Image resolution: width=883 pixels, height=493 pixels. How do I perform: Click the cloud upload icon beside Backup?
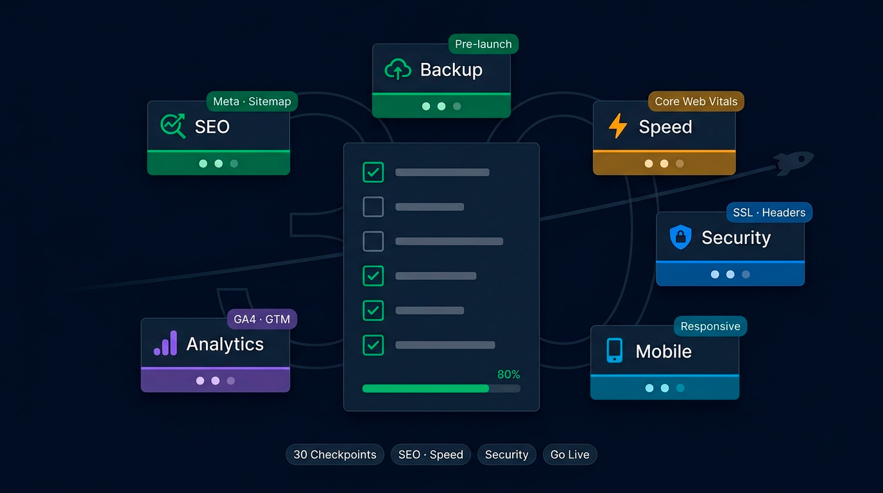click(398, 69)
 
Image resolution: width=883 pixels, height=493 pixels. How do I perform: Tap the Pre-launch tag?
click(483, 44)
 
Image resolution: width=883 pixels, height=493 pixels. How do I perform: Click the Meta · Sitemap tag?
click(252, 101)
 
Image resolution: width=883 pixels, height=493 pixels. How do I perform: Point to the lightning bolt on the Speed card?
click(618, 126)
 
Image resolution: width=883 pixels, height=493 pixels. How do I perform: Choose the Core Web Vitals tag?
click(696, 101)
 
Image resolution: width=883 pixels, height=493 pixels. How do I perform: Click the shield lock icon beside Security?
click(680, 237)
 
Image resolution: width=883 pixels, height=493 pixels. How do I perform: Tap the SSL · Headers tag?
click(769, 212)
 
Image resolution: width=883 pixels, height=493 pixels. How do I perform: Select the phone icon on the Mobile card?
click(615, 350)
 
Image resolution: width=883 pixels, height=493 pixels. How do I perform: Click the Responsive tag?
click(710, 326)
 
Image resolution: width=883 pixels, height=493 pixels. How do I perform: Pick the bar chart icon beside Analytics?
click(166, 343)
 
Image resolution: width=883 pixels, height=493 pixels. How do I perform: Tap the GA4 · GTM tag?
click(262, 319)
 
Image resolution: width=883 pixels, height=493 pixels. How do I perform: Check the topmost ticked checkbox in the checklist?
click(373, 172)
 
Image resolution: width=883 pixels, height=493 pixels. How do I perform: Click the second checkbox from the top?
click(373, 207)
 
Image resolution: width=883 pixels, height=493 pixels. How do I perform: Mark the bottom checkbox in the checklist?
click(373, 345)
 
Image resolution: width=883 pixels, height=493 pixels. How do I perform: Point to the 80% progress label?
click(508, 374)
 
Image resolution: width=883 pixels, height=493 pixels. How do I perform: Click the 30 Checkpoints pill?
click(335, 454)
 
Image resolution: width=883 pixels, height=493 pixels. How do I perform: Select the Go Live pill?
click(570, 454)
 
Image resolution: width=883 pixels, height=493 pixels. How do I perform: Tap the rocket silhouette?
click(793, 162)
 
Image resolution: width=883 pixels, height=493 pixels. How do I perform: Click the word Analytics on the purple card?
click(225, 344)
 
